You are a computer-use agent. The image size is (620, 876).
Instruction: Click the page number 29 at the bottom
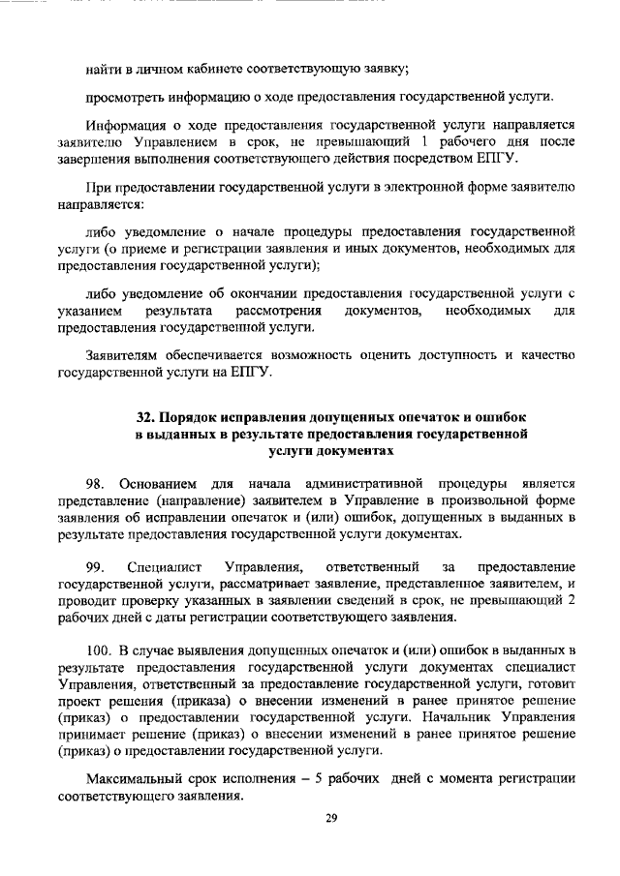[x=330, y=819]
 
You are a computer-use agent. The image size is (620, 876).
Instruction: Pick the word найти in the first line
[x=104, y=68]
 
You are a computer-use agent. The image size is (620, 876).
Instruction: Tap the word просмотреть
[x=126, y=98]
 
